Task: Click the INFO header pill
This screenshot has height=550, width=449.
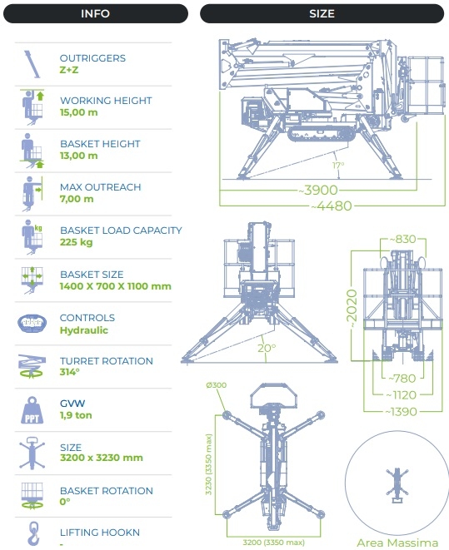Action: pos(96,13)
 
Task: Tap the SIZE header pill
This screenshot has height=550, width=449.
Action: pos(322,13)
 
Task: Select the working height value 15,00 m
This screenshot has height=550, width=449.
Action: pos(78,112)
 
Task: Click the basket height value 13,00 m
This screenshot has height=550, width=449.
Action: pos(78,156)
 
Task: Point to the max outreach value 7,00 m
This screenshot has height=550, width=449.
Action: pos(77,199)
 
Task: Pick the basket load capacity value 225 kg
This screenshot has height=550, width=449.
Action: pos(76,242)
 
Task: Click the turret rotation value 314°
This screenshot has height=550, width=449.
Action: pos(69,372)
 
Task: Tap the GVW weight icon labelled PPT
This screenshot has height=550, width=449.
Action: pos(32,410)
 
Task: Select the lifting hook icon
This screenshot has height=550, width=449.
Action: pos(33,533)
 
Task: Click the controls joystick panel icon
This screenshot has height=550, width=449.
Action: pos(32,323)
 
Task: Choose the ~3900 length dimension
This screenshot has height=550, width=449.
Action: pos(318,190)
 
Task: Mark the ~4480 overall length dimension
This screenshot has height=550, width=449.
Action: pos(332,206)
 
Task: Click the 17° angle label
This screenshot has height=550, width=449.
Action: pos(338,165)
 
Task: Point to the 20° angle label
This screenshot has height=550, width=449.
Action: pos(267,348)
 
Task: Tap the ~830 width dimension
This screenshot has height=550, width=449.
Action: pos(403,240)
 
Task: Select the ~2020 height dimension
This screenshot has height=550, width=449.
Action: pos(352,309)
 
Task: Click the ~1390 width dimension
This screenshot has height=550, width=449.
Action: pos(402,411)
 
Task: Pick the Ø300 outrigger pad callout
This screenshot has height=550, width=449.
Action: pos(217,385)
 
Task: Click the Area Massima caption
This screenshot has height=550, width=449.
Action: pos(397,543)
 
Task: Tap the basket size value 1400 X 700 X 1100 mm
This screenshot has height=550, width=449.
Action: pos(116,286)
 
